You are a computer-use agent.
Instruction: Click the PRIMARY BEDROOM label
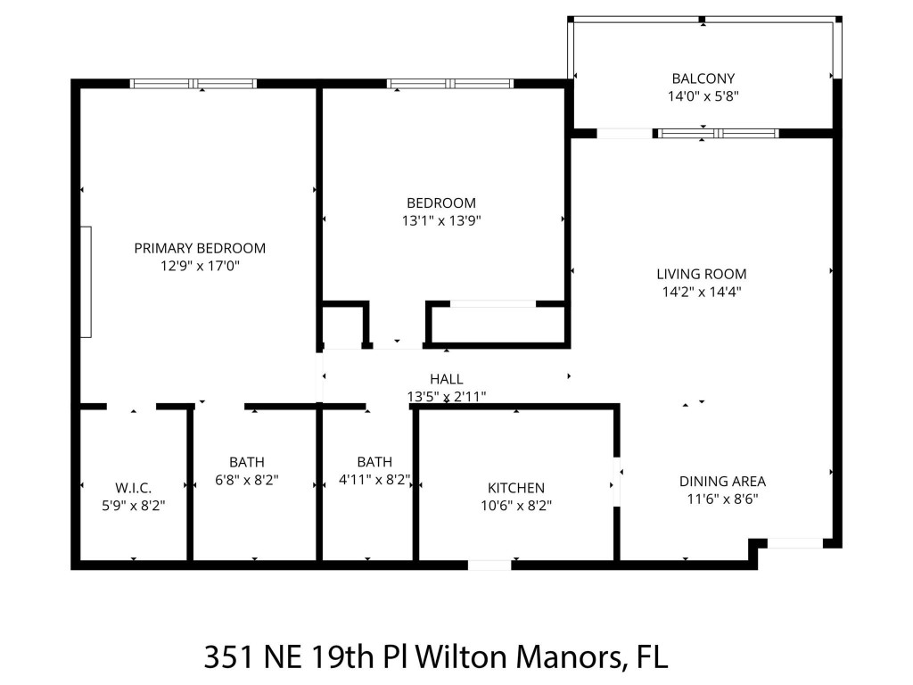[x=200, y=248]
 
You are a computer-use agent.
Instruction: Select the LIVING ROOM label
[x=701, y=274]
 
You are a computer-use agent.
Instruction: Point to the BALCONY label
[x=703, y=78]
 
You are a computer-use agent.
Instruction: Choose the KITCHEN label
[x=515, y=488]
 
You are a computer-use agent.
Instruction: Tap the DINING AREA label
[x=722, y=482]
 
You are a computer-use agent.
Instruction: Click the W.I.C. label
[x=133, y=488]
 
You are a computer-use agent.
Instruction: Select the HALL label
[x=446, y=379]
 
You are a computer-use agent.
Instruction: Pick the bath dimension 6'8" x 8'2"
[x=247, y=479]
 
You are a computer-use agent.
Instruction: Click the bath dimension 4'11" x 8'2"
[x=374, y=479]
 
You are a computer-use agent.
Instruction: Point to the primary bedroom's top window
[x=193, y=84]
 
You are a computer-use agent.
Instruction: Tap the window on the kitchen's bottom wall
[x=489, y=565]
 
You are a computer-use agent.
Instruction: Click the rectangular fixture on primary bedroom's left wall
[x=86, y=282]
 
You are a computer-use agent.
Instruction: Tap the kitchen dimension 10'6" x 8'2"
[x=515, y=505]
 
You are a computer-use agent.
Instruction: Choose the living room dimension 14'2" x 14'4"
[x=701, y=291]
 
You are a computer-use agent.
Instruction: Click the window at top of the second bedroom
[x=450, y=84]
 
